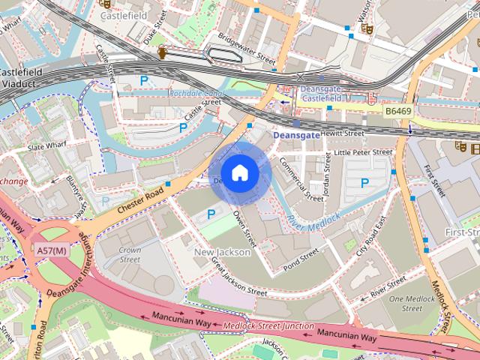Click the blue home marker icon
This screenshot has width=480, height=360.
point(239,173)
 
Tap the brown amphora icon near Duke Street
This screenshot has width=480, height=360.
point(163,52)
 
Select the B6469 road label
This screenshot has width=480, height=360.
point(398,111)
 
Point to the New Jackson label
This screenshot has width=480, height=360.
point(222,253)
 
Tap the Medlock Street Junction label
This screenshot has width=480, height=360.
point(268,325)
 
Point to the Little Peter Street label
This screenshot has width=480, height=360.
point(363,152)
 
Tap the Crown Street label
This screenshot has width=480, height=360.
point(130,255)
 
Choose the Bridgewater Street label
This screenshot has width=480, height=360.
point(247,46)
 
